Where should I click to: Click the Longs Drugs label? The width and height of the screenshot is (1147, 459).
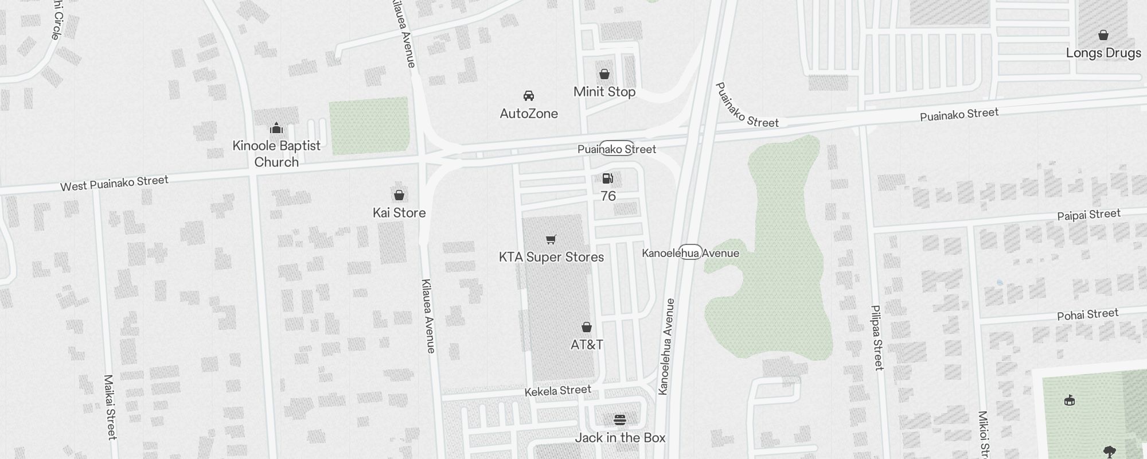[1103, 53]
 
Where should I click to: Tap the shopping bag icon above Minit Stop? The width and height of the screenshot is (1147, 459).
[604, 74]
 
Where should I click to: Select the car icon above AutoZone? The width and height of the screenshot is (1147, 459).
[529, 95]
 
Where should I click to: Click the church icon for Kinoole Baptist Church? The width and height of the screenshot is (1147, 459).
[276, 128]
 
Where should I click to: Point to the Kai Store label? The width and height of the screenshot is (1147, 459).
[399, 213]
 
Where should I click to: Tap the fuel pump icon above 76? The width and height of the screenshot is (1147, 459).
[608, 178]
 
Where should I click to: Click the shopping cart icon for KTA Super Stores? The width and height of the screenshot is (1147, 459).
[551, 239]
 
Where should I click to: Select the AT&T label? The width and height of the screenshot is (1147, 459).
[587, 345]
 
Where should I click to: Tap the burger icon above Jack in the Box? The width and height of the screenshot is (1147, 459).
[619, 420]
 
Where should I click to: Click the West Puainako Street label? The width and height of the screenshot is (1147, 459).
[114, 183]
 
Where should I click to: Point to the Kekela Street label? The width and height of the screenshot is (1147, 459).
[557, 391]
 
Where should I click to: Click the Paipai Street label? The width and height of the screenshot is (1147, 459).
[1089, 215]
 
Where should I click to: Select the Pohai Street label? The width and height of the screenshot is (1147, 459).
[1087, 314]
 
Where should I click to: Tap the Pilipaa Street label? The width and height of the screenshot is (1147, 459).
[877, 337]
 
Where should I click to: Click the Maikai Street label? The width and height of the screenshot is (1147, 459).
[110, 407]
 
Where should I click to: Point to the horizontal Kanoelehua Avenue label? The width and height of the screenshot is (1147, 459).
[690, 253]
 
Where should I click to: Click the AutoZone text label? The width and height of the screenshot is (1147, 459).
[529, 114]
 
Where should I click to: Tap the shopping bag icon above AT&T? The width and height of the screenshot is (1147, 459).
[587, 327]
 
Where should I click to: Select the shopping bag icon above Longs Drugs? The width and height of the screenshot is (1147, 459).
[1103, 35]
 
